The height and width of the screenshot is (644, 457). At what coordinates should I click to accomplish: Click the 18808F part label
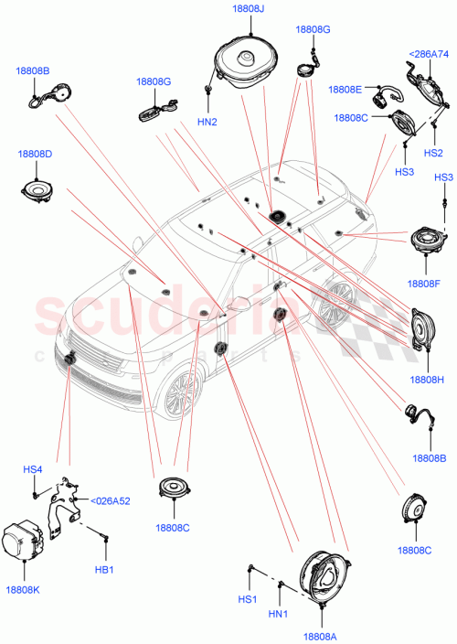tap(424, 284)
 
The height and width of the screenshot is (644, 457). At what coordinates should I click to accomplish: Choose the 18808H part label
tap(427, 379)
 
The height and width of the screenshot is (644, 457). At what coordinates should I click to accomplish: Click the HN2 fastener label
tap(207, 122)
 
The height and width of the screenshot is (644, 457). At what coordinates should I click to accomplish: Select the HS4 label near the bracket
tap(33, 470)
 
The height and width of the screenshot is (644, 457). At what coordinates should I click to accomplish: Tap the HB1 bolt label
tap(104, 570)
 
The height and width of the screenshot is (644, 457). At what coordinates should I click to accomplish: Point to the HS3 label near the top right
tap(443, 177)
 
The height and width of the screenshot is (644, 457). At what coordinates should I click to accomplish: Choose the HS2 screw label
tap(433, 152)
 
